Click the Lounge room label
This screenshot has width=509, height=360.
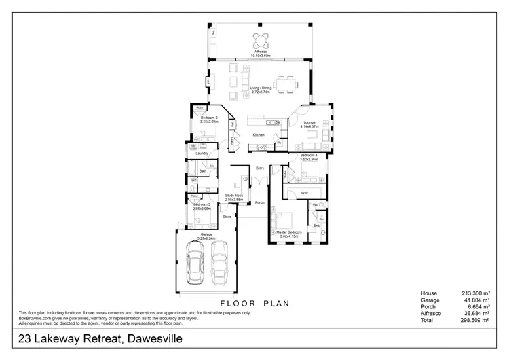click(308, 124)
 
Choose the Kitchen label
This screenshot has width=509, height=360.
click(259, 135)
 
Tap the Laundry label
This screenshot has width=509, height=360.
click(202, 154)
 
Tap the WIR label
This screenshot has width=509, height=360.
click(305, 193)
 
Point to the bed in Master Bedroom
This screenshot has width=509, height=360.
click(284, 219)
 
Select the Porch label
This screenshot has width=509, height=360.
click(260, 203)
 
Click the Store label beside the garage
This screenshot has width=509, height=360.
click(227, 217)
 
